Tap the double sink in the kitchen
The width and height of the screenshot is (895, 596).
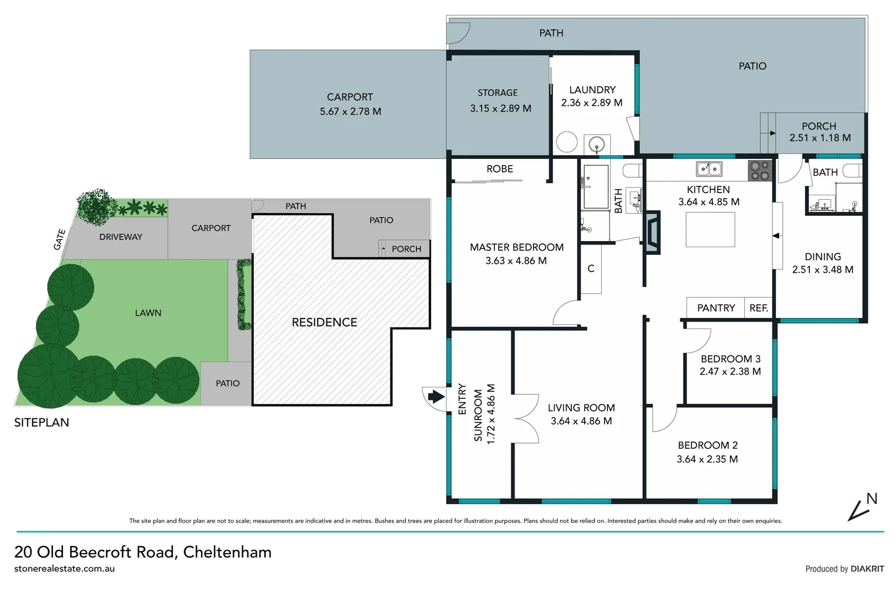[709, 169]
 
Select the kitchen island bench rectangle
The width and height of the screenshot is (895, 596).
[710, 230]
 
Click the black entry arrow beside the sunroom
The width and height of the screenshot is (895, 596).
[436, 396]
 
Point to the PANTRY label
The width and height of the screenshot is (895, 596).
[716, 308]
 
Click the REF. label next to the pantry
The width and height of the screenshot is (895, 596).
[759, 308]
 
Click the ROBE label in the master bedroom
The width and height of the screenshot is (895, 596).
[500, 169]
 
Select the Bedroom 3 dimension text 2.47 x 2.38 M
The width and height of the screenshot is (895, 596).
[730, 372]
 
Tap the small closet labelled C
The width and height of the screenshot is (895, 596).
[591, 269]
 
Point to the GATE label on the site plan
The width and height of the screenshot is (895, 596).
[60, 240]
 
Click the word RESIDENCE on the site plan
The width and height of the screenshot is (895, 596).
[324, 322]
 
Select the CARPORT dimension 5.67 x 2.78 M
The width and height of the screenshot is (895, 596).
[350, 111]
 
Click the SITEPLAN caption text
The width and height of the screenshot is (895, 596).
[41, 423]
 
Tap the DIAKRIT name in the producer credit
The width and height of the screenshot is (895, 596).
[867, 569]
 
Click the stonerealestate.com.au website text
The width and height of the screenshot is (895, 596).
[65, 569]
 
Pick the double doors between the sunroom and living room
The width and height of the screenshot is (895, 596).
[525, 418]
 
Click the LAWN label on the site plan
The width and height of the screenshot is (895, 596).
[148, 313]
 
